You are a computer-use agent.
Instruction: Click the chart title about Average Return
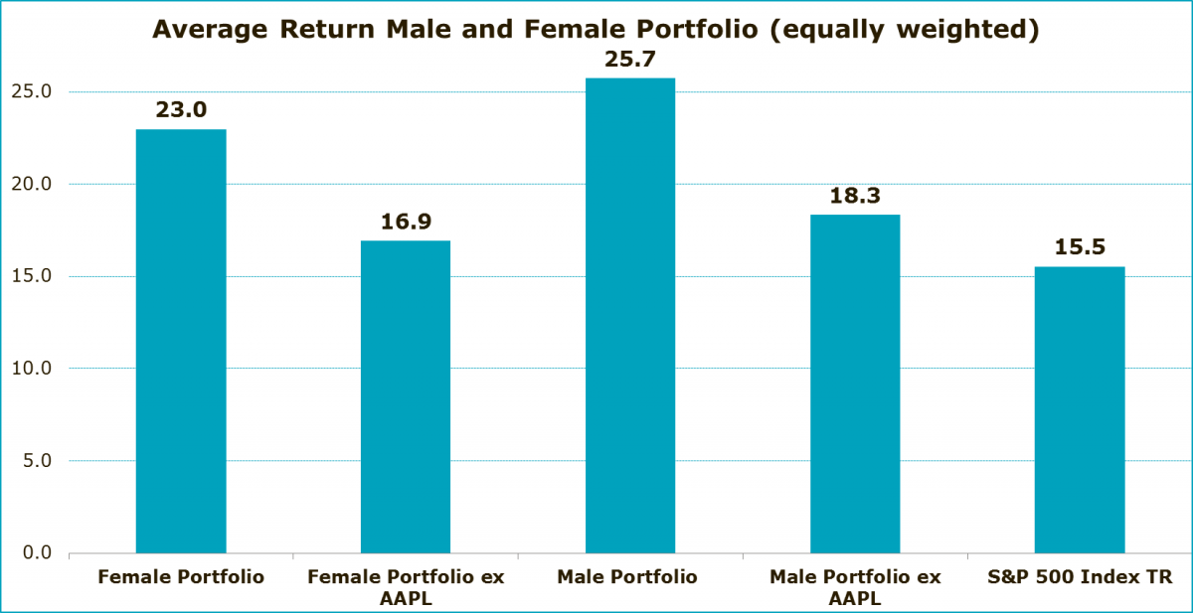(x=596, y=30)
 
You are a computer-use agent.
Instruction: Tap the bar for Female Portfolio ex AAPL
(x=406, y=396)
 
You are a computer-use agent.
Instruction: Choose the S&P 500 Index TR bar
(x=1080, y=409)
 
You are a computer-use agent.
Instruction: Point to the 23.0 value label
(x=181, y=110)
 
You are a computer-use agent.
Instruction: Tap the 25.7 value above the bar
(x=630, y=60)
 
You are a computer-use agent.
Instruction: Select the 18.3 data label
(x=855, y=197)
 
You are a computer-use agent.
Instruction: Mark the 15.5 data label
(x=1080, y=248)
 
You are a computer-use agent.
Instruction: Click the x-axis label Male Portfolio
(x=630, y=577)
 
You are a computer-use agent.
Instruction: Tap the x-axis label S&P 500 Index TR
(x=1080, y=577)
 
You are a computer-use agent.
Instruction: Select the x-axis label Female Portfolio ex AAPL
(x=406, y=587)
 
